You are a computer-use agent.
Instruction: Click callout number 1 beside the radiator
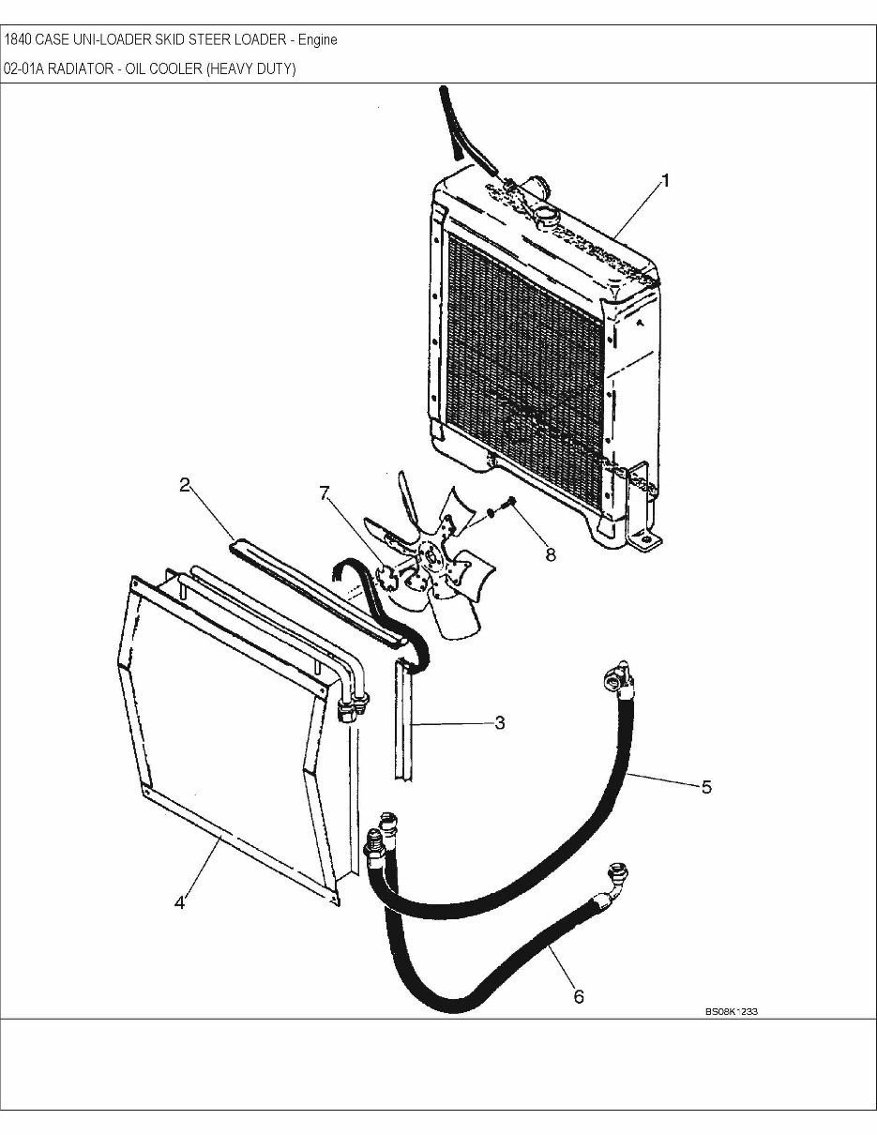[665, 182]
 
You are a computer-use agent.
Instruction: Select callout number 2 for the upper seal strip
[185, 485]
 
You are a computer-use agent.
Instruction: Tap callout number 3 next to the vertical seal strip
[500, 723]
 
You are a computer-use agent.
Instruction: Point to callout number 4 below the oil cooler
[179, 902]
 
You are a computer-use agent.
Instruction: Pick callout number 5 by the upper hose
[706, 786]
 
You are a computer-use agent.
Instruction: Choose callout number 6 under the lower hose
[579, 996]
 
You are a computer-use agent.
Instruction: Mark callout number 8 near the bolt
[550, 554]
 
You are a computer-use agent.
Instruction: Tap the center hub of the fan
[432, 557]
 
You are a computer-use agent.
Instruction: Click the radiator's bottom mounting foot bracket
[645, 541]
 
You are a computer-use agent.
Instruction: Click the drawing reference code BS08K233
[732, 1012]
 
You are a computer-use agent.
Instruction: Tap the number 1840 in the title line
[18, 40]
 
